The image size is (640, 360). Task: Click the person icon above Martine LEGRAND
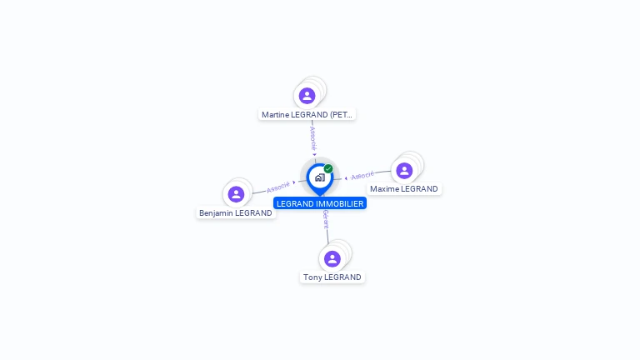tap(307, 96)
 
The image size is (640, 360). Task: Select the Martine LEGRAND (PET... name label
tap(307, 114)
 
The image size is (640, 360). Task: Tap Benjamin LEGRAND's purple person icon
tap(236, 194)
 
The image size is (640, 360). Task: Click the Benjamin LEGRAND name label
tap(235, 212)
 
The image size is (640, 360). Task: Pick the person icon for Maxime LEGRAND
tap(404, 171)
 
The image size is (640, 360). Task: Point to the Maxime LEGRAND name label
tap(403, 189)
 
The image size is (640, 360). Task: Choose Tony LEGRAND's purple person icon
tap(332, 259)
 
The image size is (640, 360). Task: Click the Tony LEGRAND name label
tap(332, 277)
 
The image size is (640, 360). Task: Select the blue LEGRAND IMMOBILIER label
tap(320, 203)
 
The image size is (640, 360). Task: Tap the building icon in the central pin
tap(319, 177)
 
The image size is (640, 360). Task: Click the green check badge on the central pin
tap(328, 168)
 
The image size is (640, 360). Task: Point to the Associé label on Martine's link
tap(312, 138)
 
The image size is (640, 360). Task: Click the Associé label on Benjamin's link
tap(278, 187)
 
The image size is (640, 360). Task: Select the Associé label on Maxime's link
tap(362, 176)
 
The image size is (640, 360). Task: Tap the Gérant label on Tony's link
tap(326, 220)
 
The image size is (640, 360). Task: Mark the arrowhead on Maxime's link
tap(346, 177)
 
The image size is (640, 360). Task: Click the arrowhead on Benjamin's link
tap(294, 182)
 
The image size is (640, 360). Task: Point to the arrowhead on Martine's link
tap(314, 153)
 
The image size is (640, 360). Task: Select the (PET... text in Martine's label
tap(342, 114)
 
